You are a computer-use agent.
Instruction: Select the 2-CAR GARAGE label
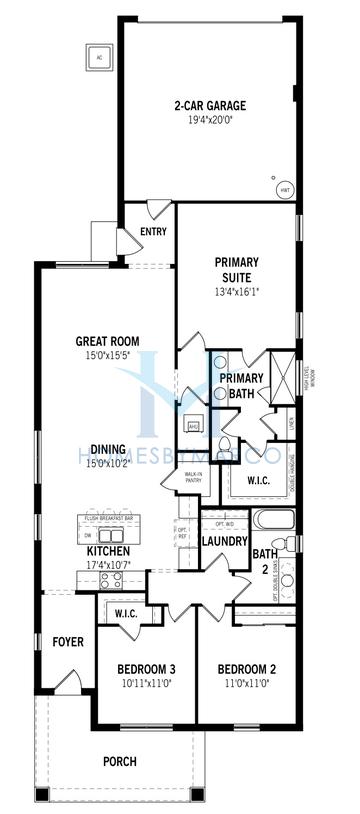(210, 105)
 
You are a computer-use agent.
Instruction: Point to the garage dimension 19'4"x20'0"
(210, 121)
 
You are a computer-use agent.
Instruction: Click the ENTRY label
(154, 232)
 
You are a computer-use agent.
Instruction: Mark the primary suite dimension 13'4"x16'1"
(236, 293)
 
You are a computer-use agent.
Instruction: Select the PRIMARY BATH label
(241, 385)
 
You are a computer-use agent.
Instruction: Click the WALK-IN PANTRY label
(181, 478)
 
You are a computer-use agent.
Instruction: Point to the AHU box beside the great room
(193, 425)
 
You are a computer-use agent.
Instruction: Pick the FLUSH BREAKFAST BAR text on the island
(110, 518)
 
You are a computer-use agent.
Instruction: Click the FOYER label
(67, 641)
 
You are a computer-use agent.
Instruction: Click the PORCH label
(119, 762)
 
